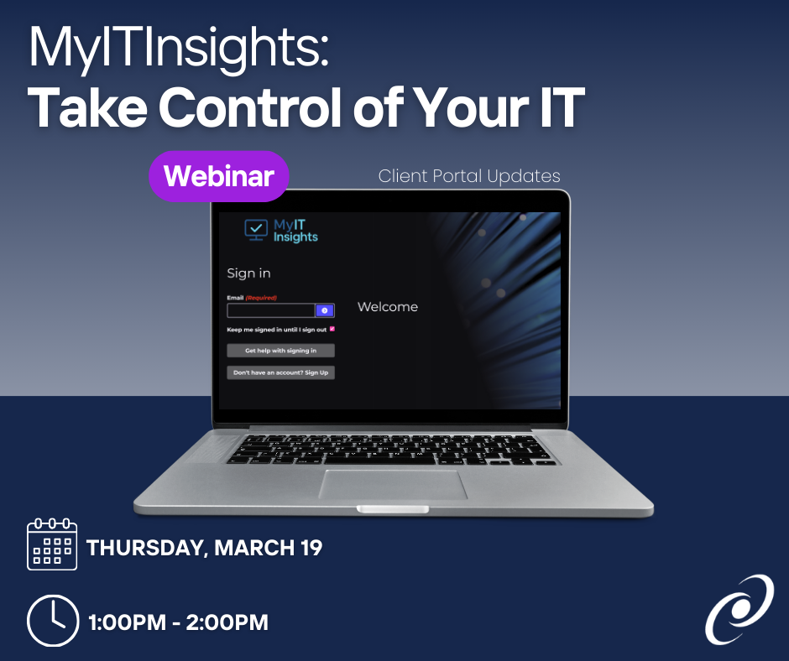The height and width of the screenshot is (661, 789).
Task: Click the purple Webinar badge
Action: (219, 176)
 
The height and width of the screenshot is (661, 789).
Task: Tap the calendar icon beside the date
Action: (52, 544)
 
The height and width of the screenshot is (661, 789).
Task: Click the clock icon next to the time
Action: (53, 621)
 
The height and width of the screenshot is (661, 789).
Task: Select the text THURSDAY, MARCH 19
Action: (204, 548)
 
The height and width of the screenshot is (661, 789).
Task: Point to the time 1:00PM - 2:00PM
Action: (178, 622)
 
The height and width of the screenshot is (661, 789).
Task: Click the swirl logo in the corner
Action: (739, 609)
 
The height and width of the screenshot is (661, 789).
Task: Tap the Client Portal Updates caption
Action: (469, 176)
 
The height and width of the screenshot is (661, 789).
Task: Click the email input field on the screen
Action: (271, 310)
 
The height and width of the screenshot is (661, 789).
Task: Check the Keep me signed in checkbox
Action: (332, 329)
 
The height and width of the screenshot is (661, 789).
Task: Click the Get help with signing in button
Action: (281, 351)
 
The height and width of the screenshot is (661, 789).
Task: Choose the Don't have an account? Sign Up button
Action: (281, 372)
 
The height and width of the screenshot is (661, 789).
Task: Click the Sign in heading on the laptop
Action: (248, 273)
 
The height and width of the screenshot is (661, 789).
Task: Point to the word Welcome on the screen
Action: (388, 307)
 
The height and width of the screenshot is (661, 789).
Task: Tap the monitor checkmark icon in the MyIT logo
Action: (256, 230)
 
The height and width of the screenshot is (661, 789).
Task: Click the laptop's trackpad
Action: (394, 485)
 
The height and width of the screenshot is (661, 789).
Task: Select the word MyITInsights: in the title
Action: (179, 47)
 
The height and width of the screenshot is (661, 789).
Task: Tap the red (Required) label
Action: (261, 298)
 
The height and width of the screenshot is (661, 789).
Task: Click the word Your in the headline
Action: (472, 107)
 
